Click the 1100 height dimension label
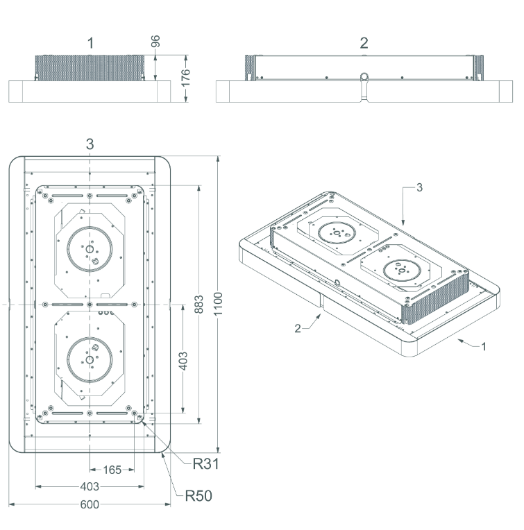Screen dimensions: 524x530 coord(218,304)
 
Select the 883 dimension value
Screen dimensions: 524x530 coord(198,305)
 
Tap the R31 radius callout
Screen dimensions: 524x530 coord(205,463)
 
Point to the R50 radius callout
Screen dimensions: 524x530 coord(198,496)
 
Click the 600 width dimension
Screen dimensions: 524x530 coord(90,504)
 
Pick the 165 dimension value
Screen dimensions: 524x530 coord(112,470)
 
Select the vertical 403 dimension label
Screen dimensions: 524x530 coord(183,361)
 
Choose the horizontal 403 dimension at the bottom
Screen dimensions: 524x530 coord(90,486)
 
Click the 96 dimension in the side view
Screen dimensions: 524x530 coord(155,41)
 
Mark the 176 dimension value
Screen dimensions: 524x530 coord(185,78)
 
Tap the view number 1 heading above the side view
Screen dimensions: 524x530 coord(90,43)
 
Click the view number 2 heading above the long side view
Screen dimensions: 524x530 coord(364,43)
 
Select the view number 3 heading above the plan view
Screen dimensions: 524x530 coord(90,144)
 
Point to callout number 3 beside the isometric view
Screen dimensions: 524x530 coord(419,187)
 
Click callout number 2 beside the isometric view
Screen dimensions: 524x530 coord(298,328)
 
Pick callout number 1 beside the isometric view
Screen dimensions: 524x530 coord(484,346)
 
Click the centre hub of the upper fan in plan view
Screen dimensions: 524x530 coord(90,250)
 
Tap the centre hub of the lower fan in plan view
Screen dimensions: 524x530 coord(90,359)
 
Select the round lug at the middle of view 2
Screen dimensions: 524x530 coord(364,77)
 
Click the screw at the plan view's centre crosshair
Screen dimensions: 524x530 coord(90,305)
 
